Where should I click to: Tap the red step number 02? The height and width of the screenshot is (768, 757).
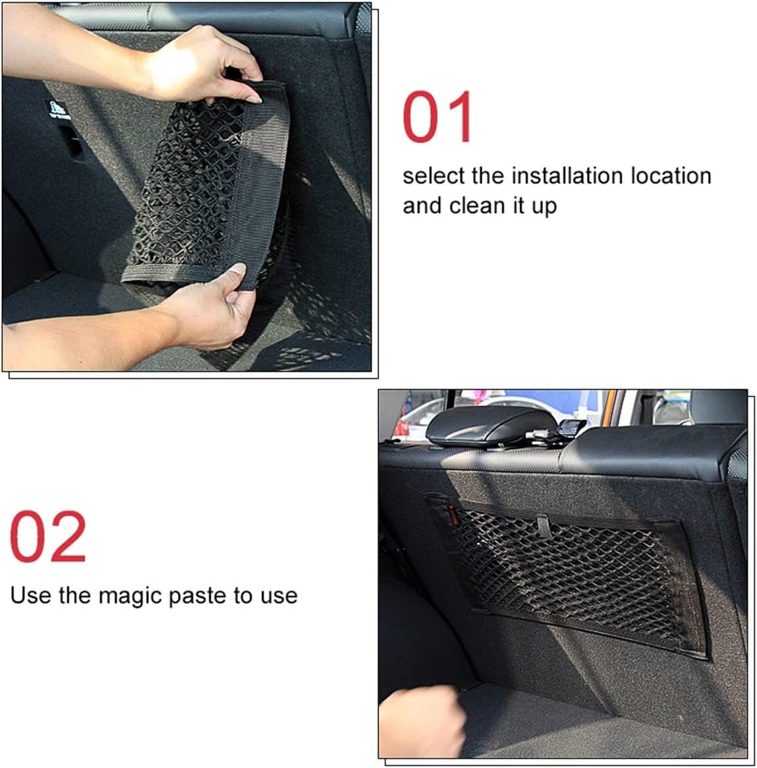pyautogui.click(x=48, y=536)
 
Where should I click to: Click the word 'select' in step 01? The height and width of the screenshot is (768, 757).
pyautogui.click(x=434, y=176)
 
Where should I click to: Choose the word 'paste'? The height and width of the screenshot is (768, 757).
pyautogui.click(x=197, y=596)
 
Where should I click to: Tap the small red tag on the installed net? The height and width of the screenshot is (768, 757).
pyautogui.click(x=449, y=509)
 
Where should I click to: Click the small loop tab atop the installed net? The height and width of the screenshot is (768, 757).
pyautogui.click(x=544, y=525)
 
